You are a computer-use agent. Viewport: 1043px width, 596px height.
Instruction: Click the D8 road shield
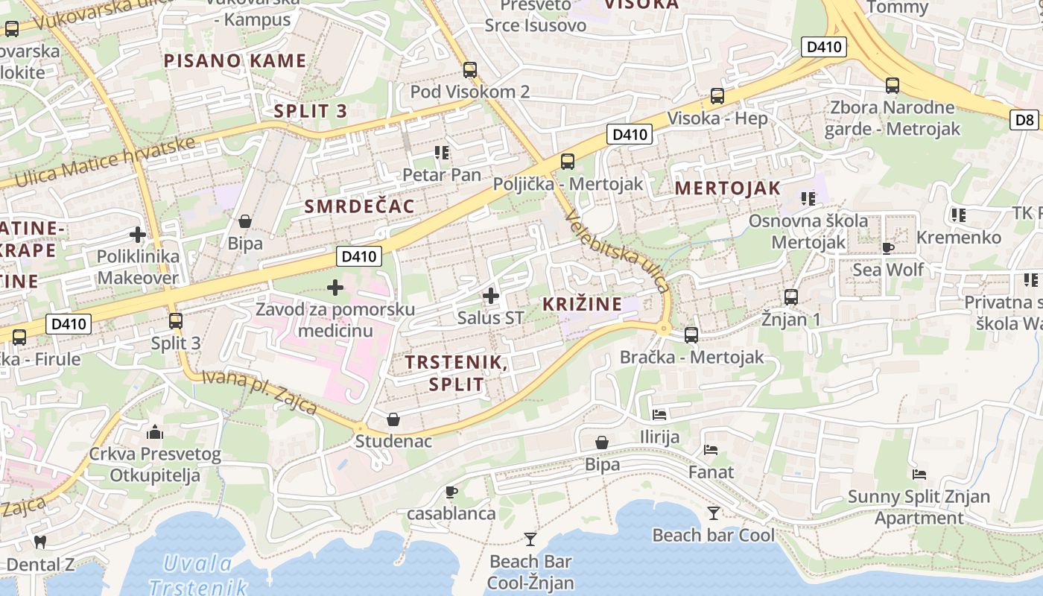1025,119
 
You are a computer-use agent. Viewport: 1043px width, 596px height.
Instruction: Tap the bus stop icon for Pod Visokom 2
469,70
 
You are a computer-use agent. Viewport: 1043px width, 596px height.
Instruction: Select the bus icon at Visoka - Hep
717,96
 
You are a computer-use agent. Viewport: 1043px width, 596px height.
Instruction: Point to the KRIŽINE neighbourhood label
582,304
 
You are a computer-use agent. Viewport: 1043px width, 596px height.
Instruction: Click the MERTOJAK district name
727,188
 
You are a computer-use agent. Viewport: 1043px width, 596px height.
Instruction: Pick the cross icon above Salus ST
490,296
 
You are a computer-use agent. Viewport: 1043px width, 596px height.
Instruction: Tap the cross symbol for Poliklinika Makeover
138,235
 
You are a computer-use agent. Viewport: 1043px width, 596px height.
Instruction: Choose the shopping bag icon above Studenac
393,419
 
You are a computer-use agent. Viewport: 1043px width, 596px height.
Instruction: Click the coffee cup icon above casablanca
451,492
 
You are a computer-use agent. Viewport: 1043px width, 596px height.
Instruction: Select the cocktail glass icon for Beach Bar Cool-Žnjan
530,539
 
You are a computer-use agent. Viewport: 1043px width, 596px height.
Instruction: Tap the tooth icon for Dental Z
41,542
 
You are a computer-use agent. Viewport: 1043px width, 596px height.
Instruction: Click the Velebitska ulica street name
618,252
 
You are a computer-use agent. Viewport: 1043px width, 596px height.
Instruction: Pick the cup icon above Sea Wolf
887,247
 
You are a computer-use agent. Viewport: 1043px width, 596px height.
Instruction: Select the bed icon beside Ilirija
659,414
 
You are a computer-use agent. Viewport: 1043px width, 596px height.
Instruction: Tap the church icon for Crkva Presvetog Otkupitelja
155,431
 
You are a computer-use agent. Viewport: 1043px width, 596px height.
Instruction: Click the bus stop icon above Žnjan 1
790,297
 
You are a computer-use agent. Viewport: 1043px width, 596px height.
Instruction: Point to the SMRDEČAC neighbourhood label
359,207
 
